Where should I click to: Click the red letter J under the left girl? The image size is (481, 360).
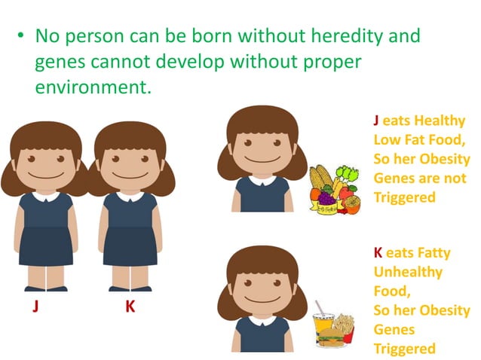35,309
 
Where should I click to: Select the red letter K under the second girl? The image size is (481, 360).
130,309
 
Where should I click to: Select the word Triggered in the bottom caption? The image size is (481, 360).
404,349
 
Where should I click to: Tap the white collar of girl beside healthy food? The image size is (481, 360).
261,181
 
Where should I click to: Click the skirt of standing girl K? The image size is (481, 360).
129,249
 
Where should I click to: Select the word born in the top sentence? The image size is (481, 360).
193,35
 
